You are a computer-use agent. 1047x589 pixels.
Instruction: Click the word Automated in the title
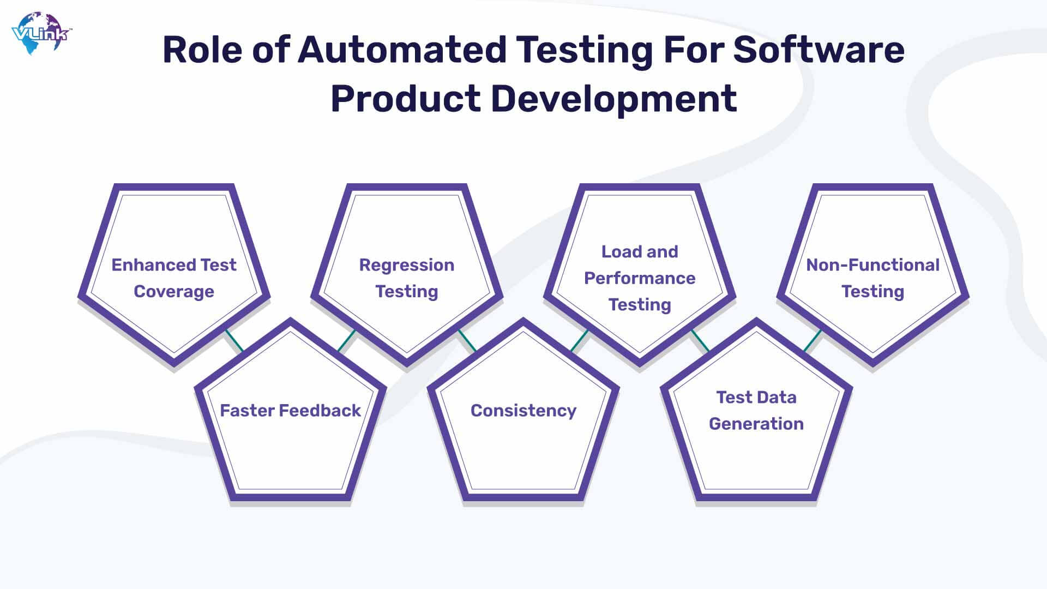402,50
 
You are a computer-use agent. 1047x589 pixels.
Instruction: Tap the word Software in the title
819,50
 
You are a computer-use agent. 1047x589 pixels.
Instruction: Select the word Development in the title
614,99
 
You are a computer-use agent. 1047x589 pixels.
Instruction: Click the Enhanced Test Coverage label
174,278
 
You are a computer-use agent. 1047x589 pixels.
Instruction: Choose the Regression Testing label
407,278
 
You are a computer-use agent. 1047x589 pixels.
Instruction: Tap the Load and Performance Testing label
640,278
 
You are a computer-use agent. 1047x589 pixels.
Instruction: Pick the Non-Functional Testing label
872,278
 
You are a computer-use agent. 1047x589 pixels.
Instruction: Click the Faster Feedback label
290,410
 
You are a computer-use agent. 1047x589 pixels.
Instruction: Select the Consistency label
523,411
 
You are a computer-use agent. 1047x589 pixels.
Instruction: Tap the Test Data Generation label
756,410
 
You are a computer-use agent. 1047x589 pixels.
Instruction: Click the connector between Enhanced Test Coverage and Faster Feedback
234,341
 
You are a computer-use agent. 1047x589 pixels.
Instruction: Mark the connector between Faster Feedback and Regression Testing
347,341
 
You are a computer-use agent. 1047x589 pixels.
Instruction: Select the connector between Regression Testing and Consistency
467,341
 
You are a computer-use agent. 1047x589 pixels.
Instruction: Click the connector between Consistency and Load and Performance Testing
580,341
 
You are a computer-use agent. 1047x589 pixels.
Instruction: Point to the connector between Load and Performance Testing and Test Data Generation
700,341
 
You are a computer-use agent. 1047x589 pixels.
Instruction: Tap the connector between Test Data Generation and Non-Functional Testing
813,341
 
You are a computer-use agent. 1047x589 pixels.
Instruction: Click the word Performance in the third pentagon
640,278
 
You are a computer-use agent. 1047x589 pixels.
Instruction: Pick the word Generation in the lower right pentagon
756,424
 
